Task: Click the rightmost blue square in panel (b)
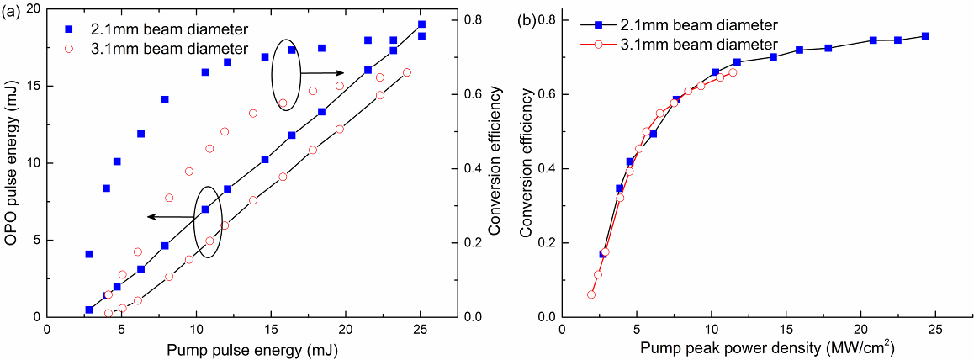pyautogui.click(x=925, y=36)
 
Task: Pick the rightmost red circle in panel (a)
pyautogui.click(x=407, y=72)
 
